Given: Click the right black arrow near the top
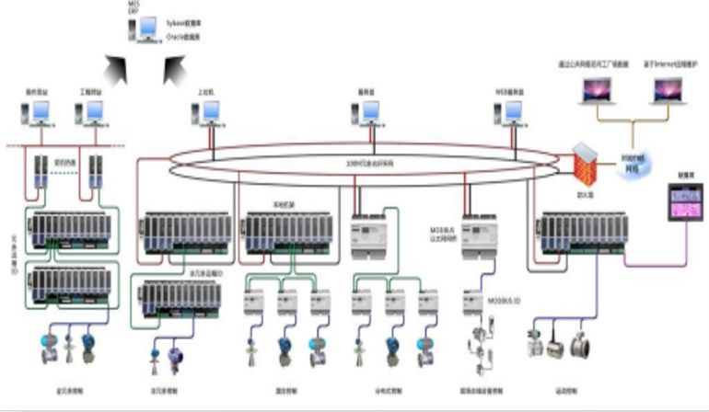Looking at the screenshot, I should click(172, 66).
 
